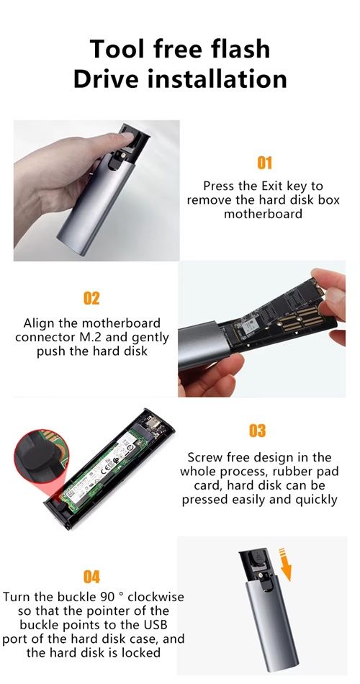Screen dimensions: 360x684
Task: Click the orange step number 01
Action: point(264,163)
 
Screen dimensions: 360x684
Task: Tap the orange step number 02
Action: point(91,299)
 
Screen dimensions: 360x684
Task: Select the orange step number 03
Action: point(258,431)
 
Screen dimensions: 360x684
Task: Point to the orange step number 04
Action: point(91,577)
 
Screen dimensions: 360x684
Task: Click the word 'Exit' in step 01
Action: point(272,186)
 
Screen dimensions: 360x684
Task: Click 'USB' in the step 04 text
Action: point(153,624)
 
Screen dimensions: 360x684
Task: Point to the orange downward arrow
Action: point(286,564)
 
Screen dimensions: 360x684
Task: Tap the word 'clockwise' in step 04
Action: point(156,596)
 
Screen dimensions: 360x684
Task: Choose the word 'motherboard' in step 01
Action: point(263,214)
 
